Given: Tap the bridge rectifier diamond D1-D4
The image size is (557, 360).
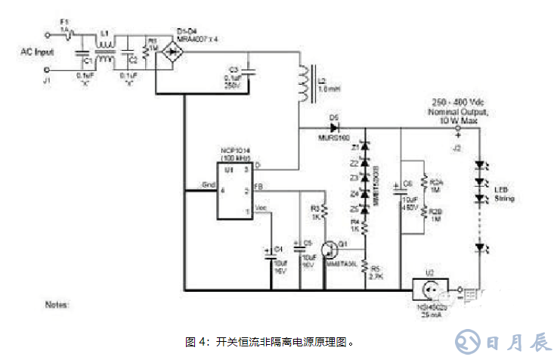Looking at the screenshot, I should [175, 51].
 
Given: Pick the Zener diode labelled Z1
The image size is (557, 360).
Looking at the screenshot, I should [365, 146].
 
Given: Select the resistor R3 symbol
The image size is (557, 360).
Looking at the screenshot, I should [323, 208].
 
